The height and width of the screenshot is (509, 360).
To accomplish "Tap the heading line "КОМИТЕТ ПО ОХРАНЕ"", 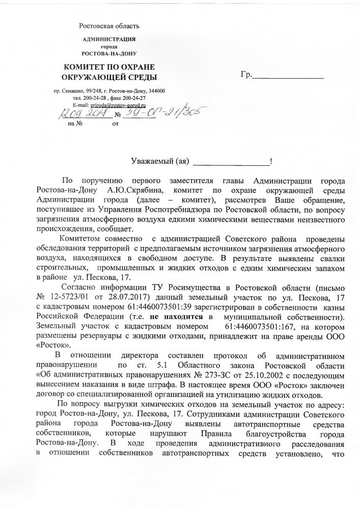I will point(108,67).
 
